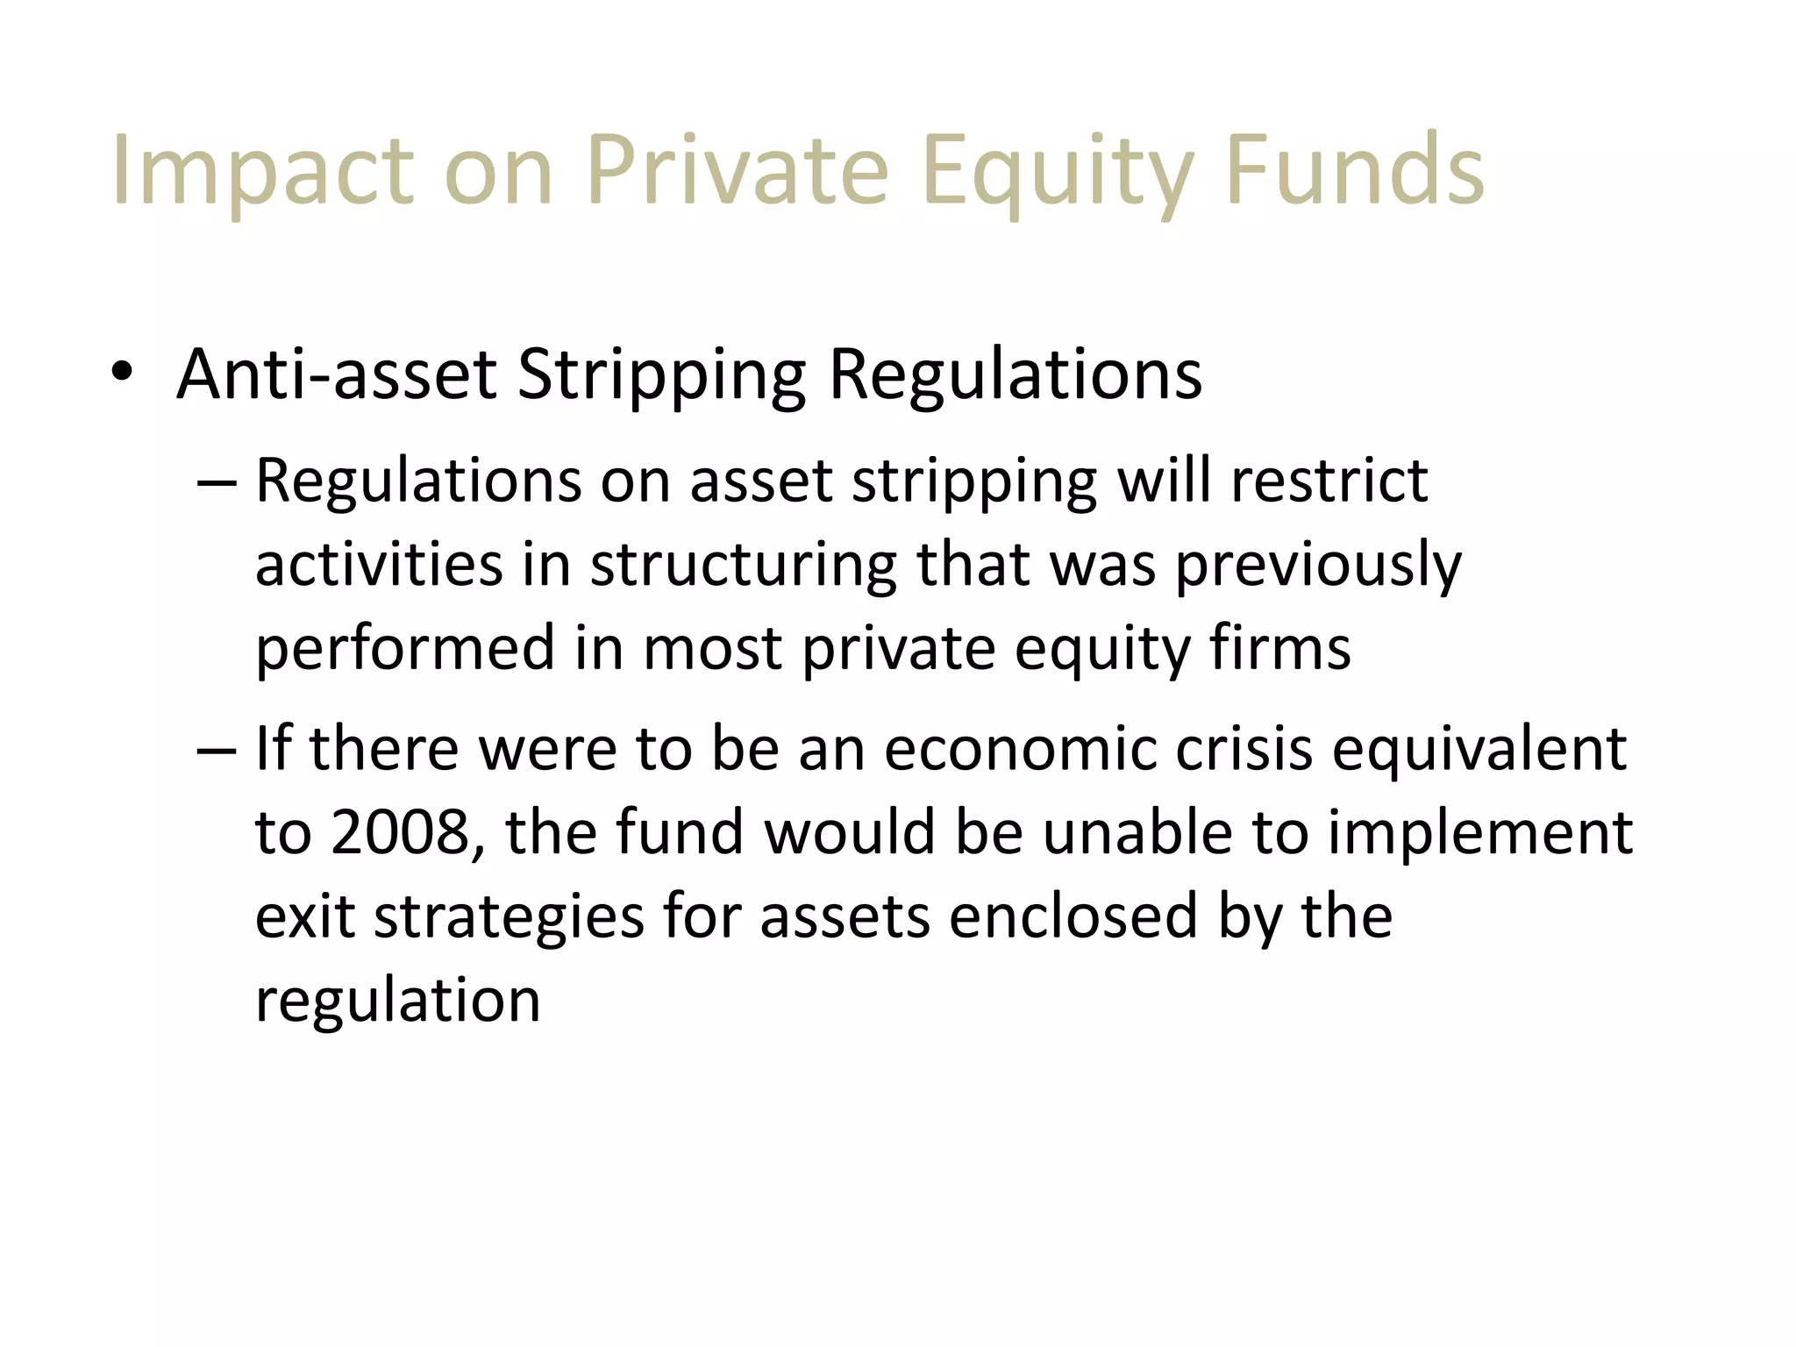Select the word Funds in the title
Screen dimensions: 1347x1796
(x=1353, y=170)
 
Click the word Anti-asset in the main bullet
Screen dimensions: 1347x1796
(x=337, y=374)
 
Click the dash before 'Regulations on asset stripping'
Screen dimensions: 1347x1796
(x=216, y=481)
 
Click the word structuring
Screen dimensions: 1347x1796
(x=744, y=566)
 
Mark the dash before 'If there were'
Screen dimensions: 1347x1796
(x=216, y=750)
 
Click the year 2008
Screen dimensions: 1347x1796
(x=400, y=832)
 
